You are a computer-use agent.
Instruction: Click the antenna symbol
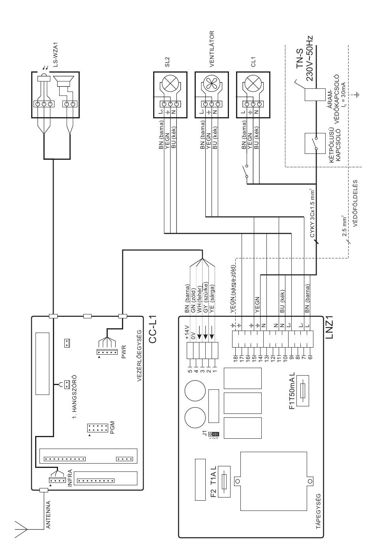(21, 527)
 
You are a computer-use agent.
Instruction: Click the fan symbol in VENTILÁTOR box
(212, 83)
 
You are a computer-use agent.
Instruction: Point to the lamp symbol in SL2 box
(170, 83)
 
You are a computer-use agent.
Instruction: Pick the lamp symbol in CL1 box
(253, 83)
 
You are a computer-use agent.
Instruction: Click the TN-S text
(300, 59)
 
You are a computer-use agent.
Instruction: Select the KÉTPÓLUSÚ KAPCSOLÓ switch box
(311, 143)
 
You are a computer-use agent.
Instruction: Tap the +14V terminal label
(187, 332)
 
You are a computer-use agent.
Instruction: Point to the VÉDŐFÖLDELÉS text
(355, 203)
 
